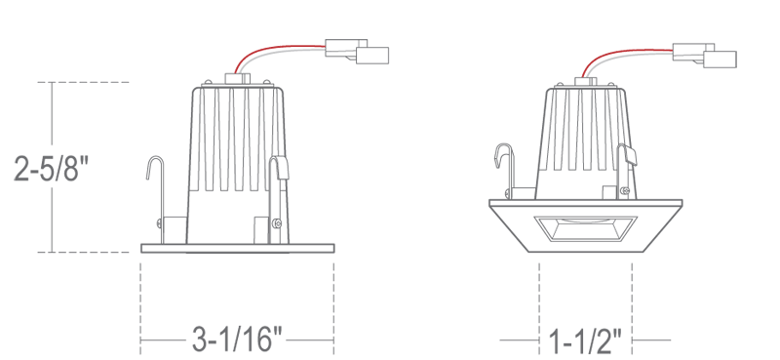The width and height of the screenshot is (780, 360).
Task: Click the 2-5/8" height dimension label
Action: click(x=51, y=169)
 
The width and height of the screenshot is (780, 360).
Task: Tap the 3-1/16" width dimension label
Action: click(x=237, y=340)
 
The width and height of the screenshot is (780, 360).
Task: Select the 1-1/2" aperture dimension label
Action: click(x=585, y=341)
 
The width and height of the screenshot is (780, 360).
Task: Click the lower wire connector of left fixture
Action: click(x=372, y=56)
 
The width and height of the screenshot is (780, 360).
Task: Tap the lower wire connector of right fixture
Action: click(x=720, y=60)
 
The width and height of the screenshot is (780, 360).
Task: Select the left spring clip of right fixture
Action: click(x=505, y=171)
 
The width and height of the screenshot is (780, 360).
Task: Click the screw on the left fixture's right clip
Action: click(x=277, y=223)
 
